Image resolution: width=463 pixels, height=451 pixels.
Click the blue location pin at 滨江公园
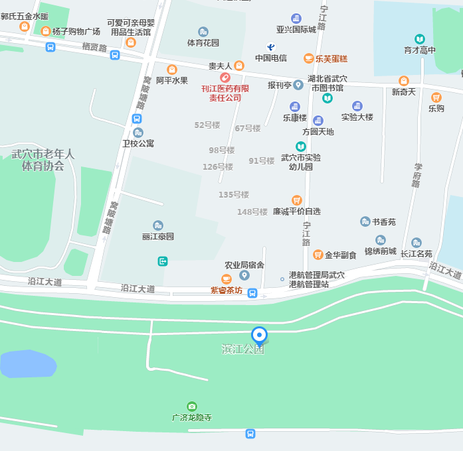[259, 336]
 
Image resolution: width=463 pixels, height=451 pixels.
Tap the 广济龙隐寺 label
[192, 418]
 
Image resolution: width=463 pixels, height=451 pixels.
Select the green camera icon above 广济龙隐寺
[192, 406]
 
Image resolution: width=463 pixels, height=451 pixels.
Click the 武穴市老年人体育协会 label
[43, 160]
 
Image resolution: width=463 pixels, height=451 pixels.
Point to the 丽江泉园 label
[158, 236]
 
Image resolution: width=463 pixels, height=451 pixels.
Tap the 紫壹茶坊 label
[227, 290]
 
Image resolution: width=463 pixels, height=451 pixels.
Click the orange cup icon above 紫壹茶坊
[227, 279]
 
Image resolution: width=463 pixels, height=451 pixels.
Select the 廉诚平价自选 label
[297, 212]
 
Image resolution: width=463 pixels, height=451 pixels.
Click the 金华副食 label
[340, 255]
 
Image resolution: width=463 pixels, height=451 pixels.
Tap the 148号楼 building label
[252, 212]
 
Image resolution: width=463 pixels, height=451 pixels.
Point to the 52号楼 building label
[207, 125]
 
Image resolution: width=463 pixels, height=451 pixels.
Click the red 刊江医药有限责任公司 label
[225, 93]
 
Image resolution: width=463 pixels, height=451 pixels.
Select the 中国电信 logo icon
[271, 46]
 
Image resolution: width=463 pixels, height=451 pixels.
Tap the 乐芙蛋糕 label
[331, 58]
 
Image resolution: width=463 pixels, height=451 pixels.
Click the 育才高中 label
[420, 50]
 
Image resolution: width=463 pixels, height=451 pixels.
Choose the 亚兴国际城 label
[296, 30]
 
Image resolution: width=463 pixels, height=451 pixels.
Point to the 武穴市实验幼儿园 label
[301, 162]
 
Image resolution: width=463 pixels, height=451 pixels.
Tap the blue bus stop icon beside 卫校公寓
[137, 119]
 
